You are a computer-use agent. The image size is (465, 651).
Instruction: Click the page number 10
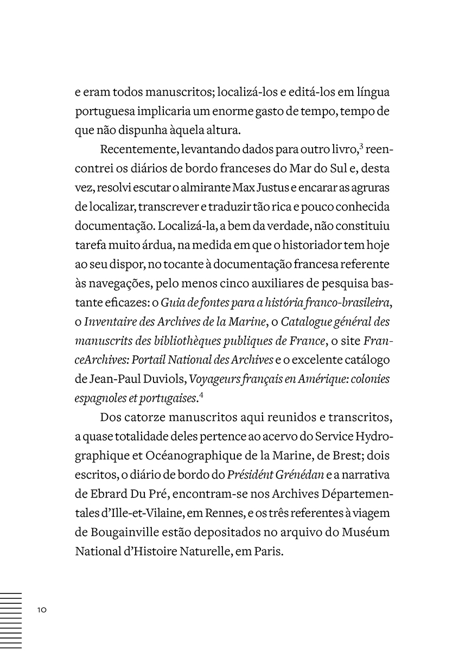click(x=42, y=609)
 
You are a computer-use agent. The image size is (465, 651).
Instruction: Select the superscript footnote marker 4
click(x=201, y=394)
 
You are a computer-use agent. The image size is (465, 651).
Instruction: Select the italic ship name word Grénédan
click(x=301, y=475)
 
